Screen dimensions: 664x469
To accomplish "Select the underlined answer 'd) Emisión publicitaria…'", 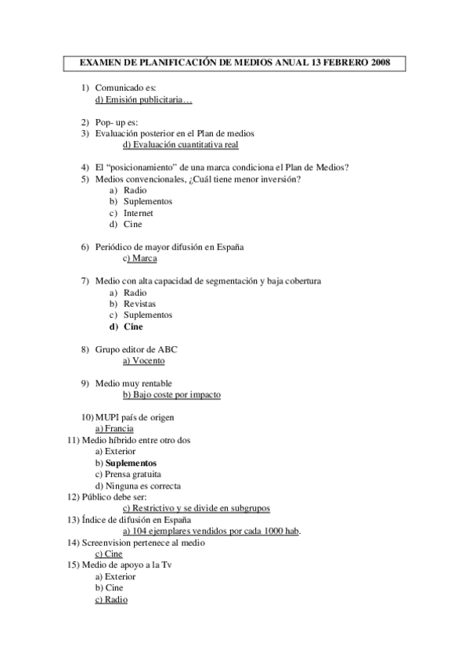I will (x=143, y=99).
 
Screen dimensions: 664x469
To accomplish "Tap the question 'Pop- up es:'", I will (x=117, y=123).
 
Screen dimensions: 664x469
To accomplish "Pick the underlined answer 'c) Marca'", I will (x=141, y=258).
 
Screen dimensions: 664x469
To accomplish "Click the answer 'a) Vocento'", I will (x=144, y=360).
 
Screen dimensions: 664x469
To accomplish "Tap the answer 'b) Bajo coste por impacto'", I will (x=172, y=395).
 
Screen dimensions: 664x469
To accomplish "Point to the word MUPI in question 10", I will (x=108, y=417).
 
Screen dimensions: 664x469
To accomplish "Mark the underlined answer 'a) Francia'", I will (x=114, y=428).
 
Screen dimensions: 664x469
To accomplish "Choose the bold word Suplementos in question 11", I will (x=131, y=463).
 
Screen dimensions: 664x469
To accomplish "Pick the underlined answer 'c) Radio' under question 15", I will (x=111, y=599).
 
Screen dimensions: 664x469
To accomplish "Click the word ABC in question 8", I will (x=179, y=348).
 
